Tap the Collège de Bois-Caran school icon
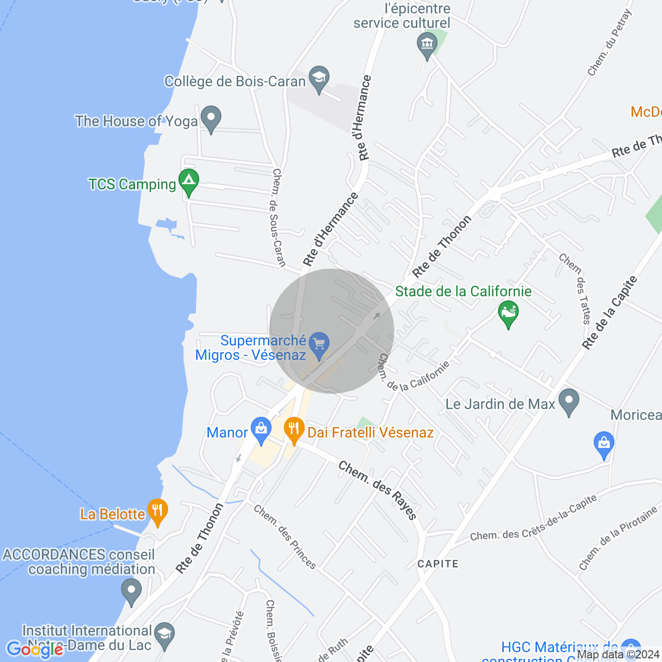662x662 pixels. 319,78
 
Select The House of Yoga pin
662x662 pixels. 211,118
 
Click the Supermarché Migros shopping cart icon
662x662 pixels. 319,344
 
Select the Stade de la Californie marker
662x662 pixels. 508,313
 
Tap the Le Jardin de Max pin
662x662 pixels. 569,401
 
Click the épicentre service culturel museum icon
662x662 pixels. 427,44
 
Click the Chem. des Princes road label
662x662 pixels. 285,537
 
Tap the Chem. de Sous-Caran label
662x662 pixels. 279,217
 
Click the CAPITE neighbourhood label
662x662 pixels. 438,564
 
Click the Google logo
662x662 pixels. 35,649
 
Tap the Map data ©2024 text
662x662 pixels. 619,655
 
